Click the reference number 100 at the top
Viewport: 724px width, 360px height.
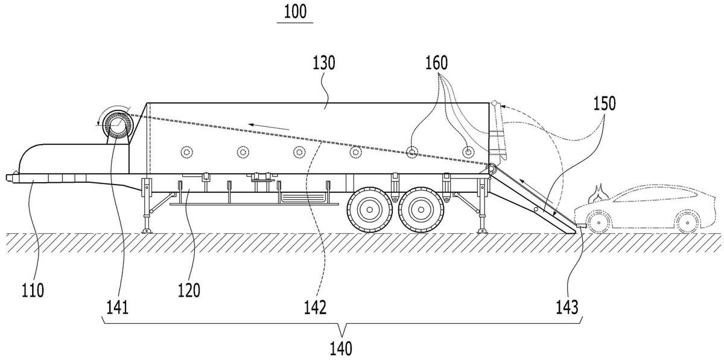295,12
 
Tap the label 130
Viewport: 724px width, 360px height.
323,63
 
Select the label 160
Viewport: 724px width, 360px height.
436,63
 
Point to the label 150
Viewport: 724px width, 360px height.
605,104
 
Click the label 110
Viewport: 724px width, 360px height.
33,290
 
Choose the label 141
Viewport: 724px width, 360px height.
118,307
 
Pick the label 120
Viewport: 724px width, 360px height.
189,290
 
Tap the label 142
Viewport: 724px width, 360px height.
315,307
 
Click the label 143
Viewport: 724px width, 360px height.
567,307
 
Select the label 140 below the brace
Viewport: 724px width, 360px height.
341,349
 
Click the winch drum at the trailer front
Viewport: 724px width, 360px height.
118,125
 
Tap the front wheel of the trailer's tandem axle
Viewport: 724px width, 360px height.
369,210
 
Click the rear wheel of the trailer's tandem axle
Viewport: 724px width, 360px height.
421,210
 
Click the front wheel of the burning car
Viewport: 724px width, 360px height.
599,223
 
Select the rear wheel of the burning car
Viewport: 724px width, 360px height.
687,223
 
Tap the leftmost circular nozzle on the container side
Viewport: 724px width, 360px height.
187,152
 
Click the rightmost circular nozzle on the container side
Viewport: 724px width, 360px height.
468,152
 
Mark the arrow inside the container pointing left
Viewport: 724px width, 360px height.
268,127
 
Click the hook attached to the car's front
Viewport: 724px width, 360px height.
581,226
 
